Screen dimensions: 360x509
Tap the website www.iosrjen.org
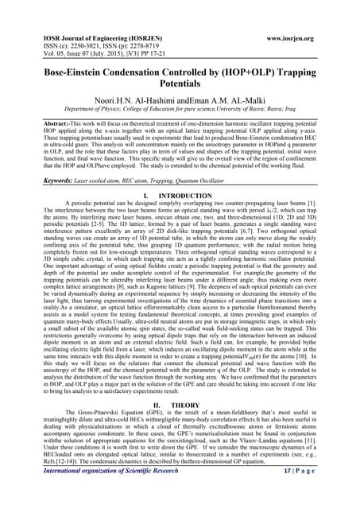tap(304, 37)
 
